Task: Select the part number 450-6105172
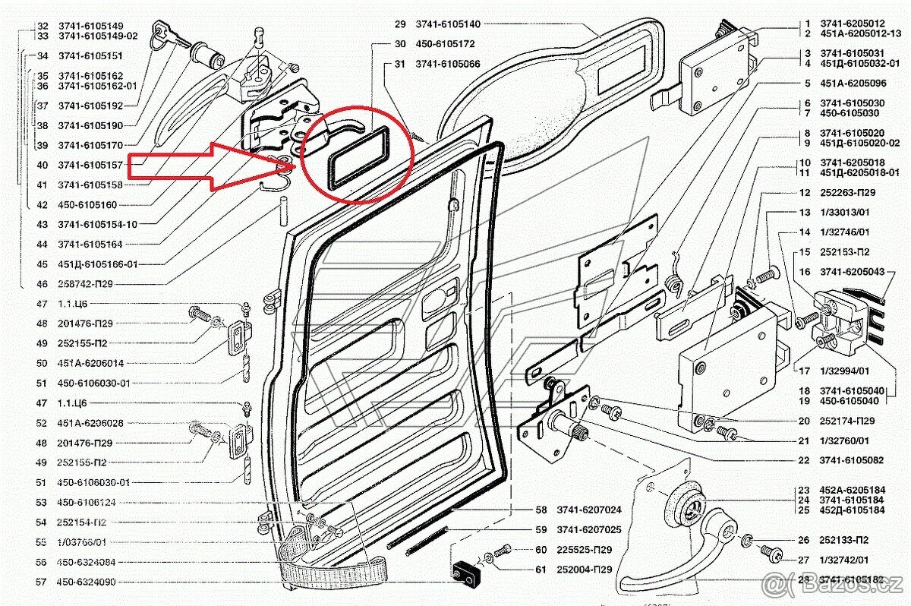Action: click(x=445, y=44)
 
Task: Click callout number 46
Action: click(x=43, y=284)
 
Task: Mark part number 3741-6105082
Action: click(x=851, y=460)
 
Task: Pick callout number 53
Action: click(x=43, y=502)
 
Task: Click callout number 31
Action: click(x=400, y=64)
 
